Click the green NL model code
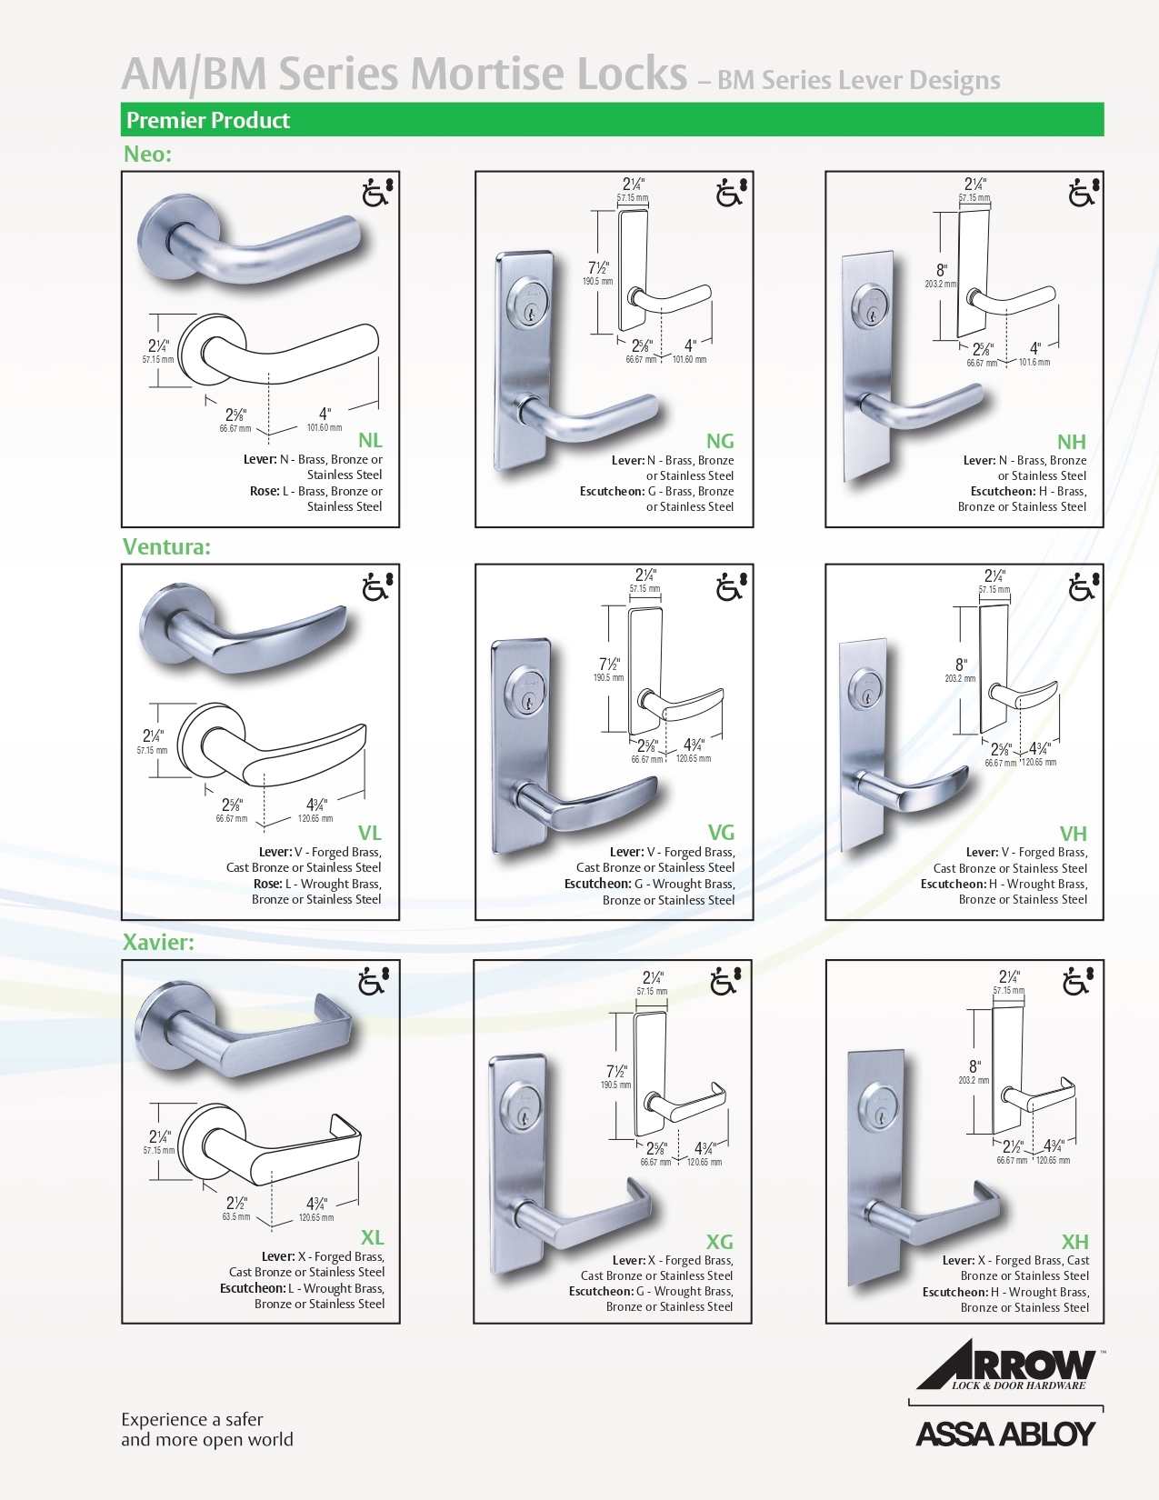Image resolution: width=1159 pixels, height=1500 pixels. tap(370, 440)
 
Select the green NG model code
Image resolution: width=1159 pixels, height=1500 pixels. tap(720, 440)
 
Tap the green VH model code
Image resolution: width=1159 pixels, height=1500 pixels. tap(1074, 833)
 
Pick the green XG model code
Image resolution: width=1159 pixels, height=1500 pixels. tap(719, 1241)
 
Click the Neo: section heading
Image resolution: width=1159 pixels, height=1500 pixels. tap(147, 154)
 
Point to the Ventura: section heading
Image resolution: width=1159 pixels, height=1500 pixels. tap(166, 546)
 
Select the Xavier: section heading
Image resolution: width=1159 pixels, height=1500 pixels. tap(158, 942)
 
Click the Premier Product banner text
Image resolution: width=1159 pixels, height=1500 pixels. tap(208, 120)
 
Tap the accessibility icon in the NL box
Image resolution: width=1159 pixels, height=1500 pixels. tap(377, 192)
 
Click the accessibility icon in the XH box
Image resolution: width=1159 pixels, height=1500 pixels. tap(1078, 981)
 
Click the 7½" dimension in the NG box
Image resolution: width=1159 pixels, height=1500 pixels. tap(598, 267)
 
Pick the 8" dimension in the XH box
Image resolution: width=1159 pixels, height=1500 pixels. tap(974, 1065)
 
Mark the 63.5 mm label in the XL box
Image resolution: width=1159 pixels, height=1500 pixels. tap(236, 1216)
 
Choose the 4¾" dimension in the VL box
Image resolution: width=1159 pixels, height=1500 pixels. tap(316, 805)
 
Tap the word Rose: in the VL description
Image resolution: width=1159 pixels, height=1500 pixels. tap(268, 884)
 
